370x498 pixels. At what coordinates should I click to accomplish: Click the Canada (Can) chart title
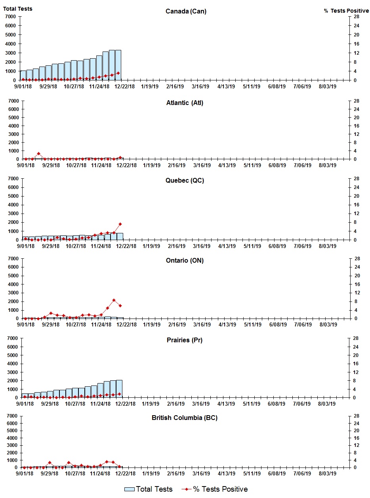click(186, 11)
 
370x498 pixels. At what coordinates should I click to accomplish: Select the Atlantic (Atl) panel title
click(185, 103)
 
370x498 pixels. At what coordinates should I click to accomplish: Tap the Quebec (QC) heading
click(185, 181)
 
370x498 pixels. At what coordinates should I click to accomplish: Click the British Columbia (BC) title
click(185, 418)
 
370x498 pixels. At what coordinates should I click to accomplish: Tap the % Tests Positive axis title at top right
click(346, 11)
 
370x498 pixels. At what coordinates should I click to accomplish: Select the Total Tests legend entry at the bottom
click(149, 489)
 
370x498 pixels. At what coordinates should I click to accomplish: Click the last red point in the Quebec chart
click(120, 224)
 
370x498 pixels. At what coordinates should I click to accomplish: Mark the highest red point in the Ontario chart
click(114, 300)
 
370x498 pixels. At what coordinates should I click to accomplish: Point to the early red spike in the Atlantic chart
click(38, 154)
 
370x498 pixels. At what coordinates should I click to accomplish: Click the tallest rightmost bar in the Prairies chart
click(119, 389)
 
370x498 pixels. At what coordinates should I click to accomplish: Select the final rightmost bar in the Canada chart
click(118, 65)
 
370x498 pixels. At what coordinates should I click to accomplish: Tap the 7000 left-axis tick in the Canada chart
click(11, 17)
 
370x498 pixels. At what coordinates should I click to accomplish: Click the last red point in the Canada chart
click(118, 73)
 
